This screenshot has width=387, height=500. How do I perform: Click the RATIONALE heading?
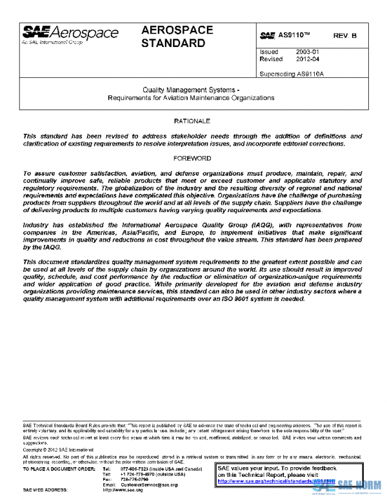[192, 121]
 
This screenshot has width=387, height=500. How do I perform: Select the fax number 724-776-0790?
[134, 479]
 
